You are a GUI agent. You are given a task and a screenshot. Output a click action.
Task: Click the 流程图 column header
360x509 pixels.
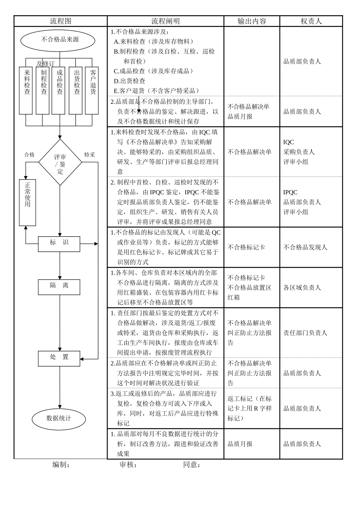point(61,21)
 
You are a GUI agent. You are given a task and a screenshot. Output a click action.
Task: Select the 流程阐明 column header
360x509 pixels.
point(166,21)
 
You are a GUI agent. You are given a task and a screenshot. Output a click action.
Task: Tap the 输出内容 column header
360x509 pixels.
point(252,21)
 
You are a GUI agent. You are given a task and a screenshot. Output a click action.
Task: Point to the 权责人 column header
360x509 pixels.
point(311,21)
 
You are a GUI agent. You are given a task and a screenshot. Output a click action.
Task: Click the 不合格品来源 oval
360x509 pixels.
point(58,40)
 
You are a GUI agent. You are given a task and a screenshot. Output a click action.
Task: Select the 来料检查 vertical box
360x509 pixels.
point(26,90)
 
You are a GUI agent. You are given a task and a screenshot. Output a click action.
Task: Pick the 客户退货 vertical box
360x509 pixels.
point(92,90)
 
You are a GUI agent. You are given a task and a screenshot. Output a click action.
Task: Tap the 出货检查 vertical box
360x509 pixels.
point(76,90)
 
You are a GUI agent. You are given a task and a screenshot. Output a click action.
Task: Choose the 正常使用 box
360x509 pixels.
point(27,203)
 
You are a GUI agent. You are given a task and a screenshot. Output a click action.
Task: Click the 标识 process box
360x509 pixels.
point(59,244)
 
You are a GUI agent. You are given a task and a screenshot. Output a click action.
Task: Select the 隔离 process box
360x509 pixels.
point(59,287)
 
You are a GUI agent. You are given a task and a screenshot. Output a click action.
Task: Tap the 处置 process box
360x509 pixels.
point(59,358)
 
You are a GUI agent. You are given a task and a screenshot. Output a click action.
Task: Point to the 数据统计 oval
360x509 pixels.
point(59,419)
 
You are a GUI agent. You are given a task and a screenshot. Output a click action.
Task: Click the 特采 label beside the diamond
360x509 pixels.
point(90,155)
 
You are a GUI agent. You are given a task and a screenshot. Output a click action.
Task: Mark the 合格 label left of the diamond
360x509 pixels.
point(30,155)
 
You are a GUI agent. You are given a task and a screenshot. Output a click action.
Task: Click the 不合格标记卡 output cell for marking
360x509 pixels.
point(246,248)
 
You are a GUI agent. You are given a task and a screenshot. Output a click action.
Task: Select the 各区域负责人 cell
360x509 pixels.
point(302,288)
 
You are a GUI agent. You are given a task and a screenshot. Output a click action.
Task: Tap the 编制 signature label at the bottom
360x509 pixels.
point(61,465)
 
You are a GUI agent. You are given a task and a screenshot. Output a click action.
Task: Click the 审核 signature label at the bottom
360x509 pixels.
point(128,465)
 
